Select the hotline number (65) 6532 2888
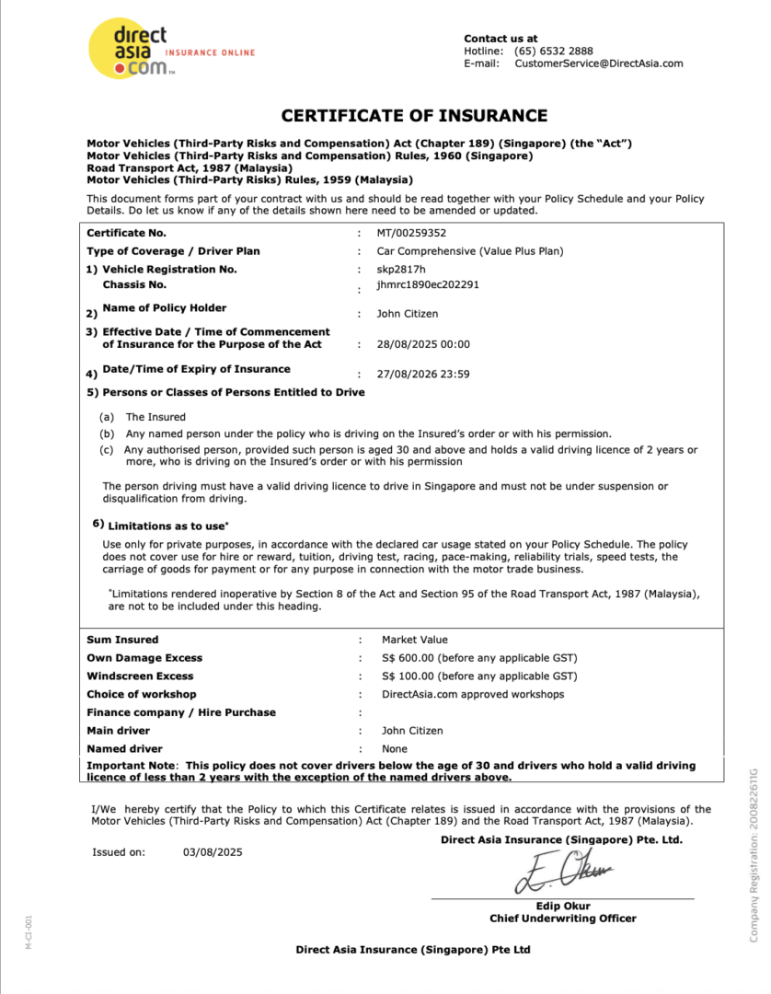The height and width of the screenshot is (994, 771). click(x=553, y=51)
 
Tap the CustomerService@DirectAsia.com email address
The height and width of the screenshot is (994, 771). click(x=598, y=64)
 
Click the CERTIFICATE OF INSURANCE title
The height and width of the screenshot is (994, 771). click(x=414, y=116)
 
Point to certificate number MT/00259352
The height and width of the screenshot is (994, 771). click(x=411, y=233)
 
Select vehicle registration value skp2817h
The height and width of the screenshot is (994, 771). click(x=401, y=269)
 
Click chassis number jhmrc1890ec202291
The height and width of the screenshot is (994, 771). click(x=428, y=284)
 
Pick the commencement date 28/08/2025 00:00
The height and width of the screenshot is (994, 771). click(x=423, y=344)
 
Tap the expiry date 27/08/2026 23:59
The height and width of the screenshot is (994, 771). click(x=423, y=375)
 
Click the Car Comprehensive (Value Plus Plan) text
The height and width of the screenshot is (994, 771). click(x=470, y=250)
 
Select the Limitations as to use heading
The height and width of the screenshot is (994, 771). click(x=167, y=526)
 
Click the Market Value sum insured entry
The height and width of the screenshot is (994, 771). click(x=415, y=640)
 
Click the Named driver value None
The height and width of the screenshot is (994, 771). click(x=395, y=749)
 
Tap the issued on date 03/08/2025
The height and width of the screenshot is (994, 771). click(x=213, y=852)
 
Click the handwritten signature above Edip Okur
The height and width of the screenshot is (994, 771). click(x=562, y=872)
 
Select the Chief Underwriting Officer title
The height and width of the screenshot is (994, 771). click(x=562, y=919)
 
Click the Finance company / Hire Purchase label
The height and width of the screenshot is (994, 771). click(x=181, y=712)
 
